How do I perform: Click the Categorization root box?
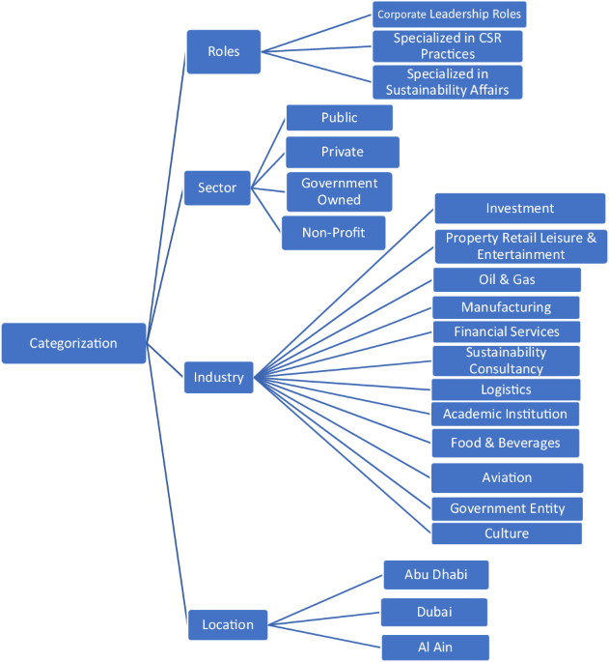pyautogui.click(x=73, y=343)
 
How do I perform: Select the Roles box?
pyautogui.click(x=223, y=51)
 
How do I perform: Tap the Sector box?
pyautogui.click(x=217, y=187)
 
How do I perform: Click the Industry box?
pyautogui.click(x=218, y=377)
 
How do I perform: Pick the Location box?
pyautogui.click(x=227, y=624)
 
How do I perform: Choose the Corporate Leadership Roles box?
pyautogui.click(x=449, y=14)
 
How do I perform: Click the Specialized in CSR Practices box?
pyautogui.click(x=447, y=45)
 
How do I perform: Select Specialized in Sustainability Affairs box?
pyautogui.click(x=447, y=81)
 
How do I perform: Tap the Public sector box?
pyautogui.click(x=339, y=118)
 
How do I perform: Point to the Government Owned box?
pyautogui.click(x=339, y=191)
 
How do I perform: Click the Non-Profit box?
pyautogui.click(x=333, y=233)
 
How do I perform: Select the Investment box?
pyautogui.click(x=519, y=208)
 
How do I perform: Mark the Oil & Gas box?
pyautogui.click(x=507, y=279)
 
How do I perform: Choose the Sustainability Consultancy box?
pyautogui.click(x=506, y=360)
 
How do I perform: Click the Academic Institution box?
pyautogui.click(x=505, y=414)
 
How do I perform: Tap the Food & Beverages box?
pyautogui.click(x=505, y=443)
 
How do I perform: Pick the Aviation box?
pyautogui.click(x=507, y=477)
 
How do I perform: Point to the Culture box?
pyautogui.click(x=506, y=533)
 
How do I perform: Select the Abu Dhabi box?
pyautogui.click(x=435, y=574)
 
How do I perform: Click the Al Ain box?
pyautogui.click(x=434, y=648)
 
